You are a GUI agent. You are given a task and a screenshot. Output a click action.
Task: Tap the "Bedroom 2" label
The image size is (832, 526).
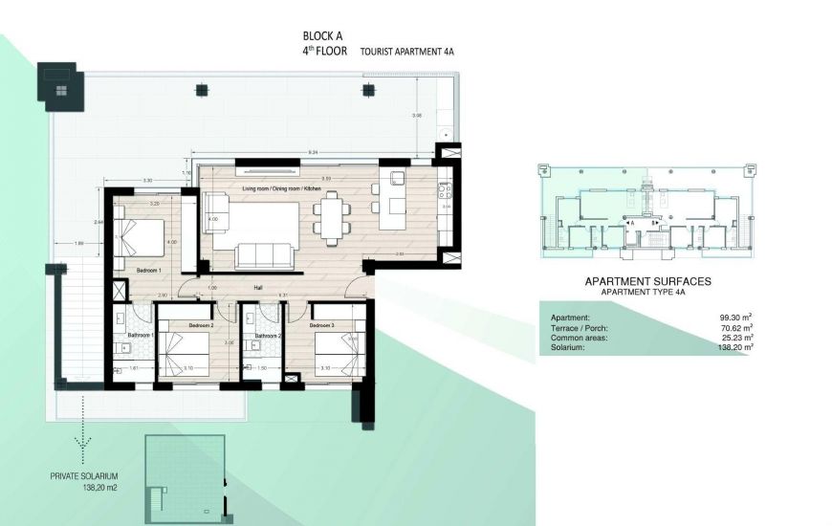tap(200, 325)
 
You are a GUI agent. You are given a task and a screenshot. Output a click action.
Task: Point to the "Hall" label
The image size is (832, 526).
tap(258, 287)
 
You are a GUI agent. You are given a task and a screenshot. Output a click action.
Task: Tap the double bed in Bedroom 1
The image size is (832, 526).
tap(141, 233)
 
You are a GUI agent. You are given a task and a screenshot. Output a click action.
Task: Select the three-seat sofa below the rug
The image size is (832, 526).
tap(264, 255)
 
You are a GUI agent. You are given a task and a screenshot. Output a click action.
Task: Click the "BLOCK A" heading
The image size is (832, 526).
tap(321, 38)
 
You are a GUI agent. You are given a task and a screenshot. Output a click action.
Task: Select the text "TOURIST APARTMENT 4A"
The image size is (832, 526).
tap(407, 55)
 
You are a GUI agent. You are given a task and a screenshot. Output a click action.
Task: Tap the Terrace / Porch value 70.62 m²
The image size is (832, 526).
tap(733, 328)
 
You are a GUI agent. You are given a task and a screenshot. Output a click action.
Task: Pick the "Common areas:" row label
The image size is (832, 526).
tap(580, 338)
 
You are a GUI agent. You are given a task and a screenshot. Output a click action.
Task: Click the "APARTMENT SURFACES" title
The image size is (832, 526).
tap(647, 283)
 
